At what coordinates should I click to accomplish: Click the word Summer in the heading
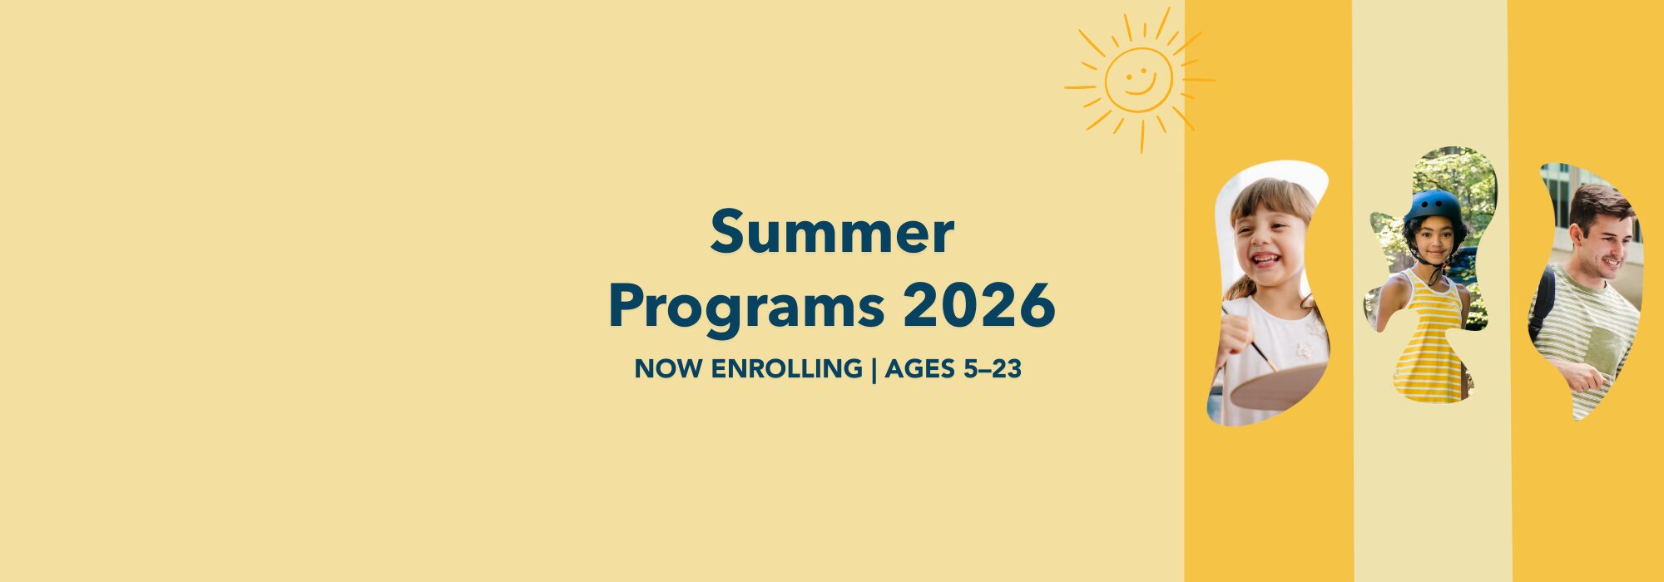[x=831, y=233]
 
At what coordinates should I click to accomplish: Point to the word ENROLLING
[x=786, y=368]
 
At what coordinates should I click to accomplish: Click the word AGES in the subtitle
[x=919, y=368]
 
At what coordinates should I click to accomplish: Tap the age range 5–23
[x=992, y=368]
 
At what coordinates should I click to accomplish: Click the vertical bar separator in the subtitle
[x=874, y=369]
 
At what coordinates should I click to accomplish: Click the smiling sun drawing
[x=1139, y=81]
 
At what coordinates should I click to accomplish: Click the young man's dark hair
[x=1597, y=204]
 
